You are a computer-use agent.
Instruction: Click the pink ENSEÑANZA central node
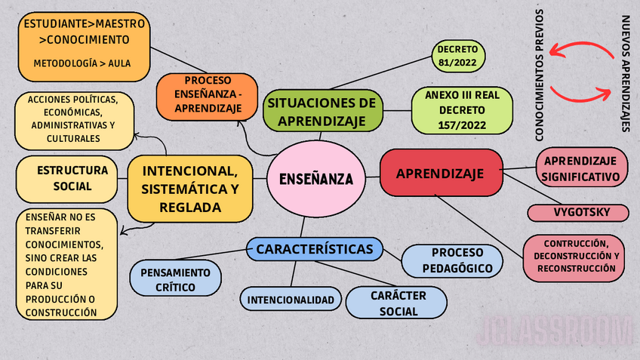(x=315, y=179)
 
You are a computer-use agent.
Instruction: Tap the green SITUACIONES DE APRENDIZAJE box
(x=321, y=111)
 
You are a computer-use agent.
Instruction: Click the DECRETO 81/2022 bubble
(x=457, y=56)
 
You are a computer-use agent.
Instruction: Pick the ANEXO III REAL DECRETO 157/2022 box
(x=461, y=111)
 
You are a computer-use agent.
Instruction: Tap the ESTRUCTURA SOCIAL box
(x=66, y=178)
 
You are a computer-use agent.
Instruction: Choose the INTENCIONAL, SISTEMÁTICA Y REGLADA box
(x=189, y=187)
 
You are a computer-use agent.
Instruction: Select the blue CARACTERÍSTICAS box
(x=314, y=249)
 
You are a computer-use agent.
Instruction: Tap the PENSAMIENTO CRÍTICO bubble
(x=175, y=279)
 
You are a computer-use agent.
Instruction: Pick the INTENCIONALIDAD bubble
(x=290, y=300)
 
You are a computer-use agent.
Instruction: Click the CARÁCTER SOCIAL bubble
(x=398, y=303)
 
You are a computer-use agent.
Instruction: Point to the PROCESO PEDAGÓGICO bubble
(x=451, y=261)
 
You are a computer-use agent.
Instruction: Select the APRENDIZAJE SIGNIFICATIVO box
(x=580, y=169)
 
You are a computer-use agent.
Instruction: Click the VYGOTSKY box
(x=579, y=212)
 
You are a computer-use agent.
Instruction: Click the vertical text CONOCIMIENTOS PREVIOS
(x=540, y=75)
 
